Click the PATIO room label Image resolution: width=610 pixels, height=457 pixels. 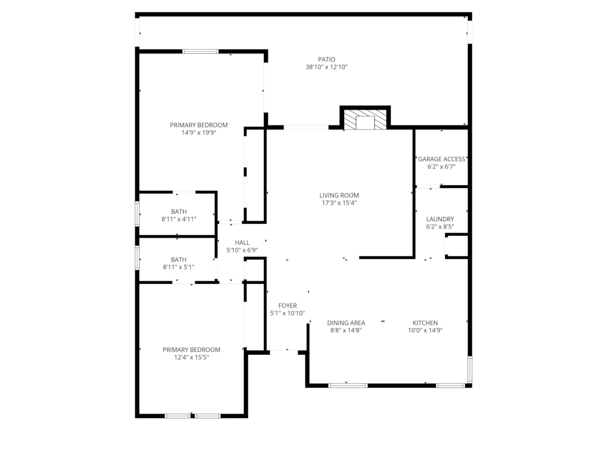pos(326,60)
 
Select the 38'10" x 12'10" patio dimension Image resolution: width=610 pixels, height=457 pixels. pos(326,67)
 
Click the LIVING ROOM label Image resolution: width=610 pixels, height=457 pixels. pos(339,195)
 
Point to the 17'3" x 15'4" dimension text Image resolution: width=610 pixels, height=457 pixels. pos(339,203)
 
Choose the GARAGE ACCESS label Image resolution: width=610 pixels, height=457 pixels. pos(441,159)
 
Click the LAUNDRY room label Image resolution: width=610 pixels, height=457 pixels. pos(440,219)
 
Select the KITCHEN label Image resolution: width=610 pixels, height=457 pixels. pos(425,323)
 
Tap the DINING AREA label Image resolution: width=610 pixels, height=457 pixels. pos(346,323)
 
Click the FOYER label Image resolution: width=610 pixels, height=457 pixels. pos(287,306)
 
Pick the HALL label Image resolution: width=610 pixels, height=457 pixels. pos(242,243)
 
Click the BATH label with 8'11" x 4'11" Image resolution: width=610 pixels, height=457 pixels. pos(179,212)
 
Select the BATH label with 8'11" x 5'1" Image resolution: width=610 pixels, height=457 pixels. pos(179,260)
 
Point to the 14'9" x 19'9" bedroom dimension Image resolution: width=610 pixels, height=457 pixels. pos(199,133)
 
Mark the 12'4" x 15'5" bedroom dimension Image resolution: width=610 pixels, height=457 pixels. pos(191,358)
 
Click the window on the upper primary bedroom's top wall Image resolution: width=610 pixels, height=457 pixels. pos(201,51)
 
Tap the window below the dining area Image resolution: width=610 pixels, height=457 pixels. pos(348,385)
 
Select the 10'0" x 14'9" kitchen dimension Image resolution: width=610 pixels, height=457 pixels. pos(425,330)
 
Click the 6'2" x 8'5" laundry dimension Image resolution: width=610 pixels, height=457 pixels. pos(440,227)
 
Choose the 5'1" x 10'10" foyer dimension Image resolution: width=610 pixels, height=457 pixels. pos(287,313)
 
